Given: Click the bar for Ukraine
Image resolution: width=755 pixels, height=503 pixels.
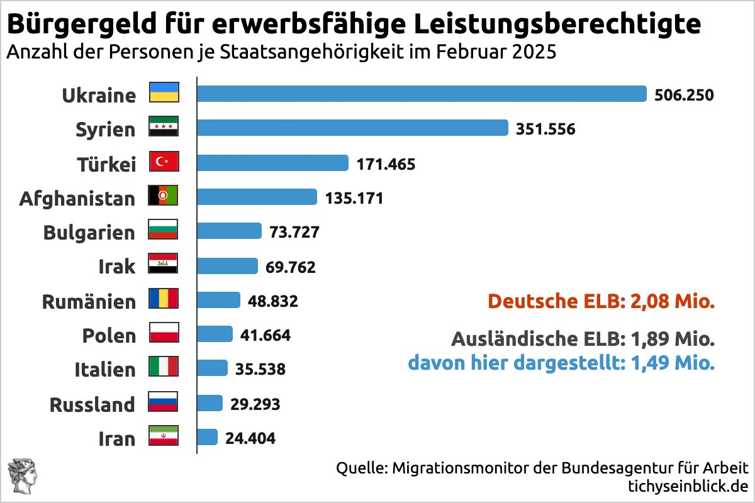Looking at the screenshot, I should point(422,94).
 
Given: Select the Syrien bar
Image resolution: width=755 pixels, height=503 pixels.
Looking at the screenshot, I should point(352,128).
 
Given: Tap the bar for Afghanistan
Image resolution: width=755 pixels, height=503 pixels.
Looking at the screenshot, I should point(257,197).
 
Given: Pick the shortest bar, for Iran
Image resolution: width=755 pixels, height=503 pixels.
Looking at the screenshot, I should point(208,437).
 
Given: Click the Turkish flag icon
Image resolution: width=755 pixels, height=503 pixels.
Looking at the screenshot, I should point(164,162).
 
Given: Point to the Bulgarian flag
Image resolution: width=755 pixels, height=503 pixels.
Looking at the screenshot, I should point(164,231).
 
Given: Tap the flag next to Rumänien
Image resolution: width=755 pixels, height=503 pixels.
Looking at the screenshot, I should point(164,299).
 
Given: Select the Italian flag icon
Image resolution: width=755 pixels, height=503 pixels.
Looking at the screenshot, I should point(164,368).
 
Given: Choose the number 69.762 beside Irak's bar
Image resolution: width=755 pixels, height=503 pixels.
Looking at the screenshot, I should point(291,267).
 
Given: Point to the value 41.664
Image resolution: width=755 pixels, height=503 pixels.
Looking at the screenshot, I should point(266,335).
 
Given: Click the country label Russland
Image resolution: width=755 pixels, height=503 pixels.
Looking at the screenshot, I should point(92,404).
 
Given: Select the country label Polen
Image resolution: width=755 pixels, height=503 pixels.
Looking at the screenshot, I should point(109,336).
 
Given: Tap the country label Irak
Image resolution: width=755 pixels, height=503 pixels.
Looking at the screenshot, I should point(116,267).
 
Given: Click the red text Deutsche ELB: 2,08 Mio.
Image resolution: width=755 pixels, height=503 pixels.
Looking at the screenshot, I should point(601,301).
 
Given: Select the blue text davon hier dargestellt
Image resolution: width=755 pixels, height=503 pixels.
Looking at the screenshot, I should point(561,363).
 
